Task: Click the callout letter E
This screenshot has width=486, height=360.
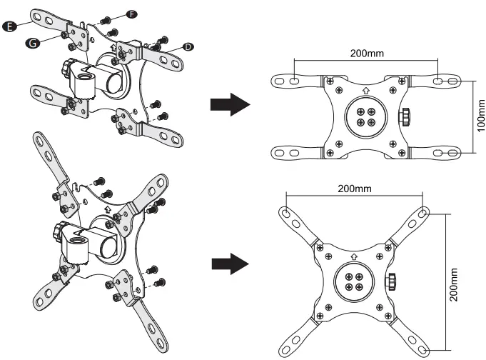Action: (x=9, y=26)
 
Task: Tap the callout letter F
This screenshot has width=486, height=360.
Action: (x=132, y=14)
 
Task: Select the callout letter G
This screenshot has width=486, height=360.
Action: (x=31, y=43)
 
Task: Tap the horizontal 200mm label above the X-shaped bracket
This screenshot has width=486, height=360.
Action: (x=355, y=189)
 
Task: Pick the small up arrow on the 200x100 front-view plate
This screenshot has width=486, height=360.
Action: (x=365, y=91)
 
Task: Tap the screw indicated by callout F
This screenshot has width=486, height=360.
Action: (x=106, y=19)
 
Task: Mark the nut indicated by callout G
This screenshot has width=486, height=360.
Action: (x=65, y=34)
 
